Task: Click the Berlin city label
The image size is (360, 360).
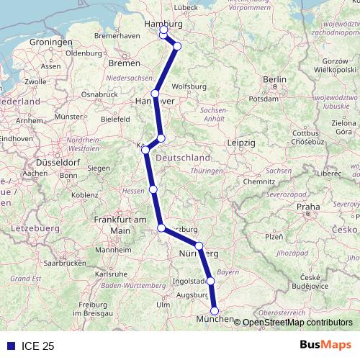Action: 275,79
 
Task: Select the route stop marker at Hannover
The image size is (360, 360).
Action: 155,94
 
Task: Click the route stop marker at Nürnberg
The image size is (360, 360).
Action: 199,246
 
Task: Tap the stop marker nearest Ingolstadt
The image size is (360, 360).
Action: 211,281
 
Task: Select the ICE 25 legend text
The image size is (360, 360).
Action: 38,346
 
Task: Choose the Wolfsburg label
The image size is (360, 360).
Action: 190,87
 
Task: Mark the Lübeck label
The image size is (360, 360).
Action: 185,7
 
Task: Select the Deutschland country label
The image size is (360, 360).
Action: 184,158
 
